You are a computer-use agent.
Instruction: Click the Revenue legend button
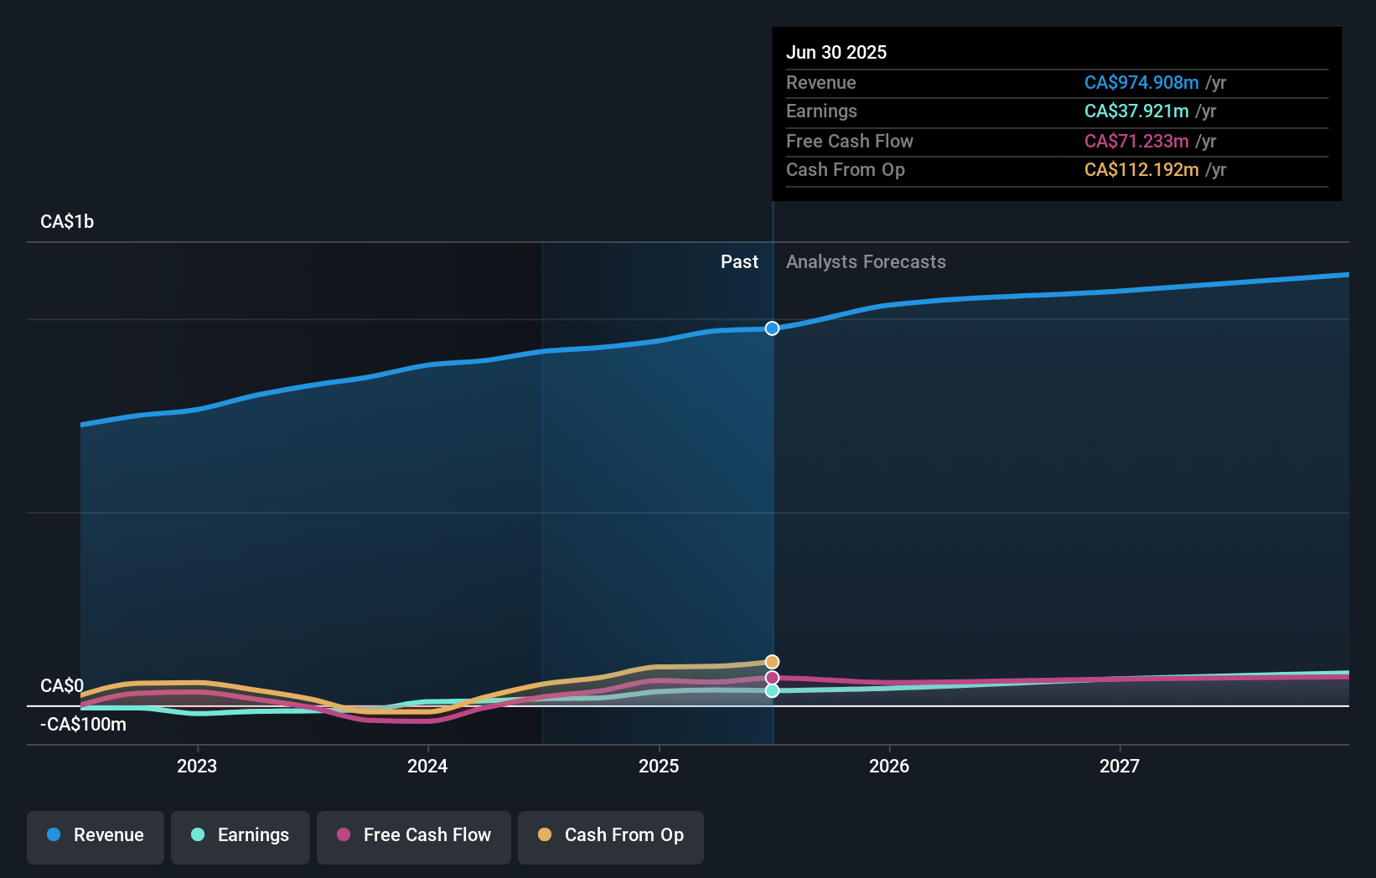[x=96, y=836]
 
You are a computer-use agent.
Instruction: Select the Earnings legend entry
[x=241, y=836]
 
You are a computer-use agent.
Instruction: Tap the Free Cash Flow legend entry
[x=414, y=836]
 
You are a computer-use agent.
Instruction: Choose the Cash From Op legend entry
[x=611, y=836]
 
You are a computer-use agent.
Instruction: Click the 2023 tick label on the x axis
[x=197, y=766]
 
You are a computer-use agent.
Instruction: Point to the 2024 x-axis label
[x=427, y=766]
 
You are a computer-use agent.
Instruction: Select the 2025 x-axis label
[x=659, y=766]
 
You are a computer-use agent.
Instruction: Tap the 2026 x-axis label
[x=889, y=766]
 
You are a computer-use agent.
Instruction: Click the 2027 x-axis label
[x=1120, y=766]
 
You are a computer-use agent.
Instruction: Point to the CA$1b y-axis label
[x=67, y=222]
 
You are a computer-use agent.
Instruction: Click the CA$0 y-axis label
[x=62, y=686]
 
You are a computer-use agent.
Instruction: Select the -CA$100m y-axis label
[x=83, y=725]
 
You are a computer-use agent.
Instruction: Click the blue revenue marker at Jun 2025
[x=772, y=328]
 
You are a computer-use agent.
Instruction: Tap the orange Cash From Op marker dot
[x=772, y=662]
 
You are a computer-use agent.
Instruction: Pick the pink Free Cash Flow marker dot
[x=772, y=678]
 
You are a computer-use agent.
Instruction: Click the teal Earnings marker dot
[x=772, y=690]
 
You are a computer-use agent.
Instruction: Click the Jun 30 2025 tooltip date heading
[x=836, y=53]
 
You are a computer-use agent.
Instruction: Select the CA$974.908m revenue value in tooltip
[x=1141, y=83]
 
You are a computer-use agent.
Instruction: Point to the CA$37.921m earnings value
[x=1136, y=111]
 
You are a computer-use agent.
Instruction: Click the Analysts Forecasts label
[x=866, y=262]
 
